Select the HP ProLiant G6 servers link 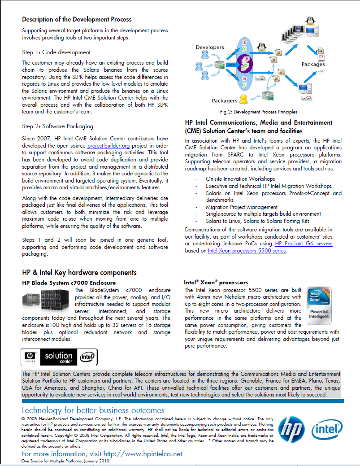pyautogui.click(x=304, y=244)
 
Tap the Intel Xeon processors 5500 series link pyautogui.click(x=247, y=251)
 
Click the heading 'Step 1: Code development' pyautogui.click(x=56, y=52)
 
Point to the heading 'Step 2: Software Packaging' pyautogui.click(x=58, y=126)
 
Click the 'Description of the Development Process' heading pyautogui.click(x=77, y=19)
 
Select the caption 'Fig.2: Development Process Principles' pyautogui.click(x=258, y=112)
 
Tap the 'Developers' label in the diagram pyautogui.click(x=210, y=47)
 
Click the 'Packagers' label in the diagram pyautogui.click(x=225, y=100)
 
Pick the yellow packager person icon pyautogui.click(x=243, y=98)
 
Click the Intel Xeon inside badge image pyautogui.click(x=319, y=305)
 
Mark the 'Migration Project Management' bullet pyautogui.click(x=242, y=207)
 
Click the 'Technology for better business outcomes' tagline pyautogui.click(x=93, y=410)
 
